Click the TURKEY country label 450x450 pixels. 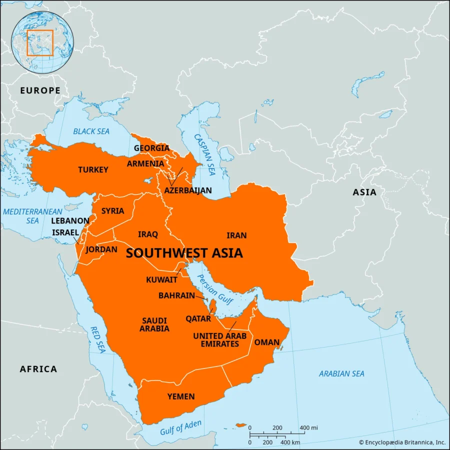(93, 170)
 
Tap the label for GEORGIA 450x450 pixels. (151, 148)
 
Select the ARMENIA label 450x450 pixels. (145, 164)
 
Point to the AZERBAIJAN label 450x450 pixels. (188, 190)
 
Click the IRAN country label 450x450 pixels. (236, 235)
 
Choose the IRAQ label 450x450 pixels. (148, 234)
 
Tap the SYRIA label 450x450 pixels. (112, 211)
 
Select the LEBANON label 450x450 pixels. (70, 220)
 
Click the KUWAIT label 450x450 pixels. (161, 279)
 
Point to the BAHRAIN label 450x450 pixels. (176, 295)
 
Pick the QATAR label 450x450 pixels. (198, 318)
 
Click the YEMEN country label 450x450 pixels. (181, 396)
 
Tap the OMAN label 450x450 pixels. (267, 342)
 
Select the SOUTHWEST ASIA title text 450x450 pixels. (184, 253)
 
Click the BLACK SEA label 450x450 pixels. (91, 131)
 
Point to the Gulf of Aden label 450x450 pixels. (181, 428)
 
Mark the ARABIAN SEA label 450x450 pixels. (341, 373)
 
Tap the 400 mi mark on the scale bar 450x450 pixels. (308, 428)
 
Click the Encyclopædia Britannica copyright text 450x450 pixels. (402, 442)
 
